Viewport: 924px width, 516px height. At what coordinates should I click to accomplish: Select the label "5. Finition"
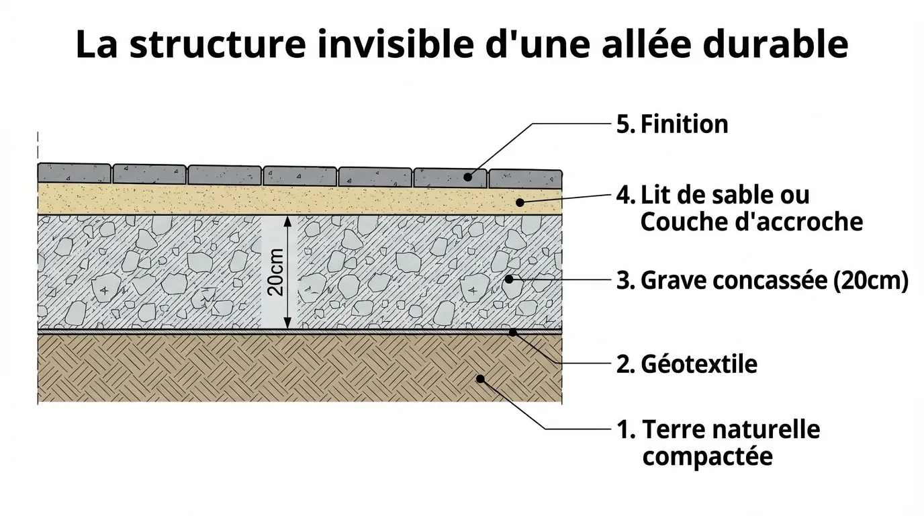click(672, 124)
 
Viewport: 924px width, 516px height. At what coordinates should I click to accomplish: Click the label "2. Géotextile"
click(686, 363)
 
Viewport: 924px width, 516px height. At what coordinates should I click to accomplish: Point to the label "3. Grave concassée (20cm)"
click(762, 280)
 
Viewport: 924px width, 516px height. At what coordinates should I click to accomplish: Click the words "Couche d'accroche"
click(751, 222)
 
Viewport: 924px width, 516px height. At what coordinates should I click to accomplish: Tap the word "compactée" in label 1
click(707, 457)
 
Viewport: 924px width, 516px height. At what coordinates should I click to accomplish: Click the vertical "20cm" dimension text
click(275, 272)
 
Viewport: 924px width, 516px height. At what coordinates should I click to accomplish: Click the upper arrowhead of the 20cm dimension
click(287, 220)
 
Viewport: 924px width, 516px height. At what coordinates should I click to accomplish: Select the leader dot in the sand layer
click(519, 201)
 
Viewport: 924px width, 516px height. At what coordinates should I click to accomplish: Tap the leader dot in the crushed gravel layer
click(508, 278)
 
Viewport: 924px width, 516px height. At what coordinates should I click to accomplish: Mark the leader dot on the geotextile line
click(512, 331)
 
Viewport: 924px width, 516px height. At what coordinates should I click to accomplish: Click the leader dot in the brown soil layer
click(480, 379)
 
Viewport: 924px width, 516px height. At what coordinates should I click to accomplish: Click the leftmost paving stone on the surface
click(75, 173)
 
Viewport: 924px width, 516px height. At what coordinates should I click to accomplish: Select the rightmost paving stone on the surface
click(525, 178)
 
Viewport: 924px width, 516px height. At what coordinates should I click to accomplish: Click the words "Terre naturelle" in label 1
click(731, 429)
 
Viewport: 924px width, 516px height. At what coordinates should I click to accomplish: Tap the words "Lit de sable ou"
click(725, 195)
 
